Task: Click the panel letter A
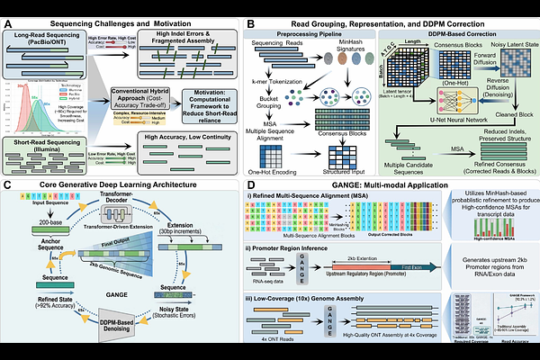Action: point(6,7)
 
